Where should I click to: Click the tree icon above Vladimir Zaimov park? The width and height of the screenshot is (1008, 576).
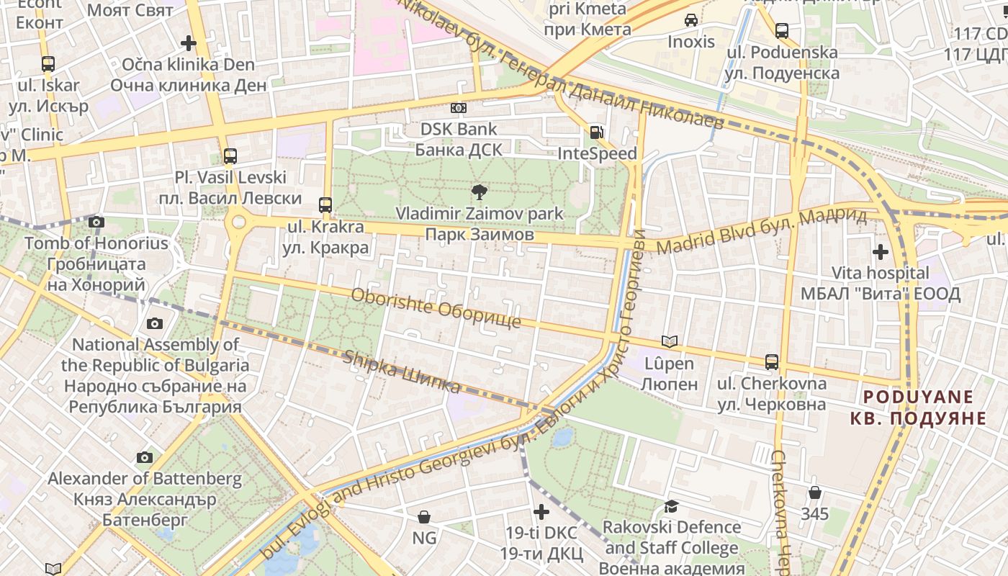click(479, 192)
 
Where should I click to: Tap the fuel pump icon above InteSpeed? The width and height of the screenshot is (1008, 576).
click(596, 132)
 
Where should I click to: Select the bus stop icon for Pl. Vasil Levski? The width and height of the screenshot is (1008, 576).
click(230, 156)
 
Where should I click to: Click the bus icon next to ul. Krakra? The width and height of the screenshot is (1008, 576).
click(325, 204)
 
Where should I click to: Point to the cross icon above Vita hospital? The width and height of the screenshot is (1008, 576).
click(880, 252)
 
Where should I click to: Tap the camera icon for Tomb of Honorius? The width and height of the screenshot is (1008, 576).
click(96, 222)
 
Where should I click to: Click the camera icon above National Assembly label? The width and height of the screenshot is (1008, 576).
click(155, 323)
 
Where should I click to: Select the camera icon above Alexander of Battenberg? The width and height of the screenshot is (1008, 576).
click(145, 457)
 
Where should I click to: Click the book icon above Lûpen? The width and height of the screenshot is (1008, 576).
click(670, 341)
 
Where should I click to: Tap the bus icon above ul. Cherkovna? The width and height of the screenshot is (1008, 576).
click(772, 361)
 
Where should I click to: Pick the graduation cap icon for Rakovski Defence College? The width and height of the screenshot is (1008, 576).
click(671, 506)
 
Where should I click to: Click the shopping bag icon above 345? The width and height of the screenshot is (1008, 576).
click(814, 492)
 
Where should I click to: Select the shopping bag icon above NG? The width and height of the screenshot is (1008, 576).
click(424, 516)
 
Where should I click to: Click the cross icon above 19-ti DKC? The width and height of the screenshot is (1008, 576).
click(541, 512)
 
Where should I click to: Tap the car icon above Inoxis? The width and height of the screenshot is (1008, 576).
click(691, 20)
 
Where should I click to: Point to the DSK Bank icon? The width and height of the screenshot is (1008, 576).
click(458, 108)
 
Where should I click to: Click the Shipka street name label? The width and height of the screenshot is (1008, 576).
click(402, 372)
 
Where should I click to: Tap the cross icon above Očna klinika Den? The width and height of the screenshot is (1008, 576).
click(189, 43)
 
